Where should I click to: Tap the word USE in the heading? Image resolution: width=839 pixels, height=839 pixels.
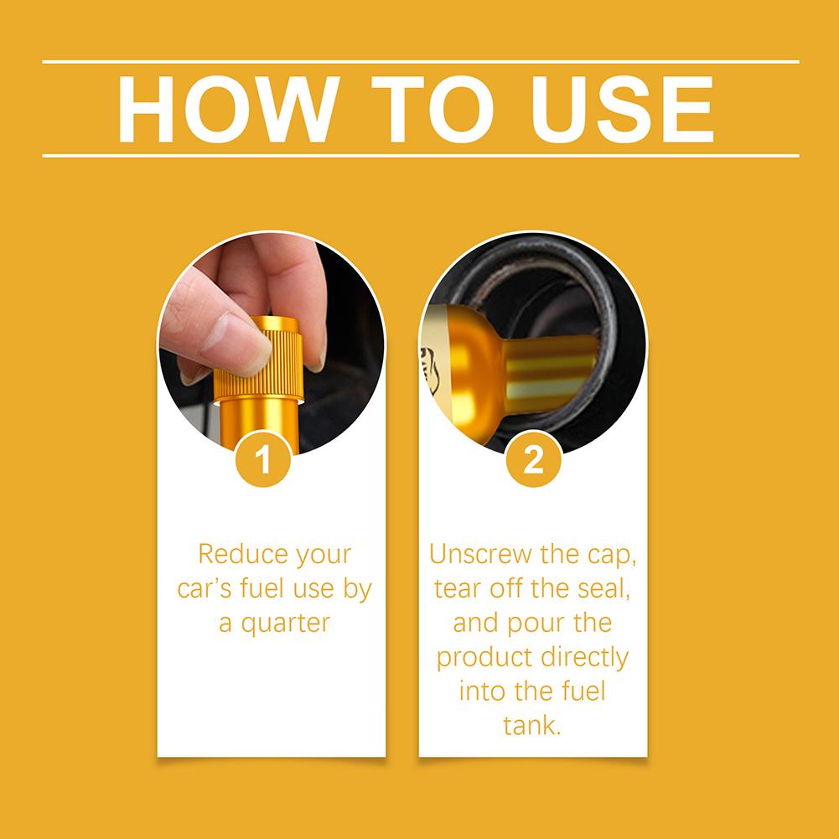[622, 109]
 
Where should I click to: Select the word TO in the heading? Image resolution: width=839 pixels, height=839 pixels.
[432, 109]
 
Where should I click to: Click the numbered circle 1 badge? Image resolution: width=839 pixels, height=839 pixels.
[262, 459]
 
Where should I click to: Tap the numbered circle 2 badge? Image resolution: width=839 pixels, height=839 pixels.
[533, 459]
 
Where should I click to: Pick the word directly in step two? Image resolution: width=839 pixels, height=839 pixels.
[584, 658]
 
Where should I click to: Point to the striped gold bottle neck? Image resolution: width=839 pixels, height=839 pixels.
[552, 374]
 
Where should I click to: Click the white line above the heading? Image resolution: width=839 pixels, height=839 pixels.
[421, 62]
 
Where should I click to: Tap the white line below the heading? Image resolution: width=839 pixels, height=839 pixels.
[421, 156]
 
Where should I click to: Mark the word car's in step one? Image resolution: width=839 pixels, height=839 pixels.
[205, 588]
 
